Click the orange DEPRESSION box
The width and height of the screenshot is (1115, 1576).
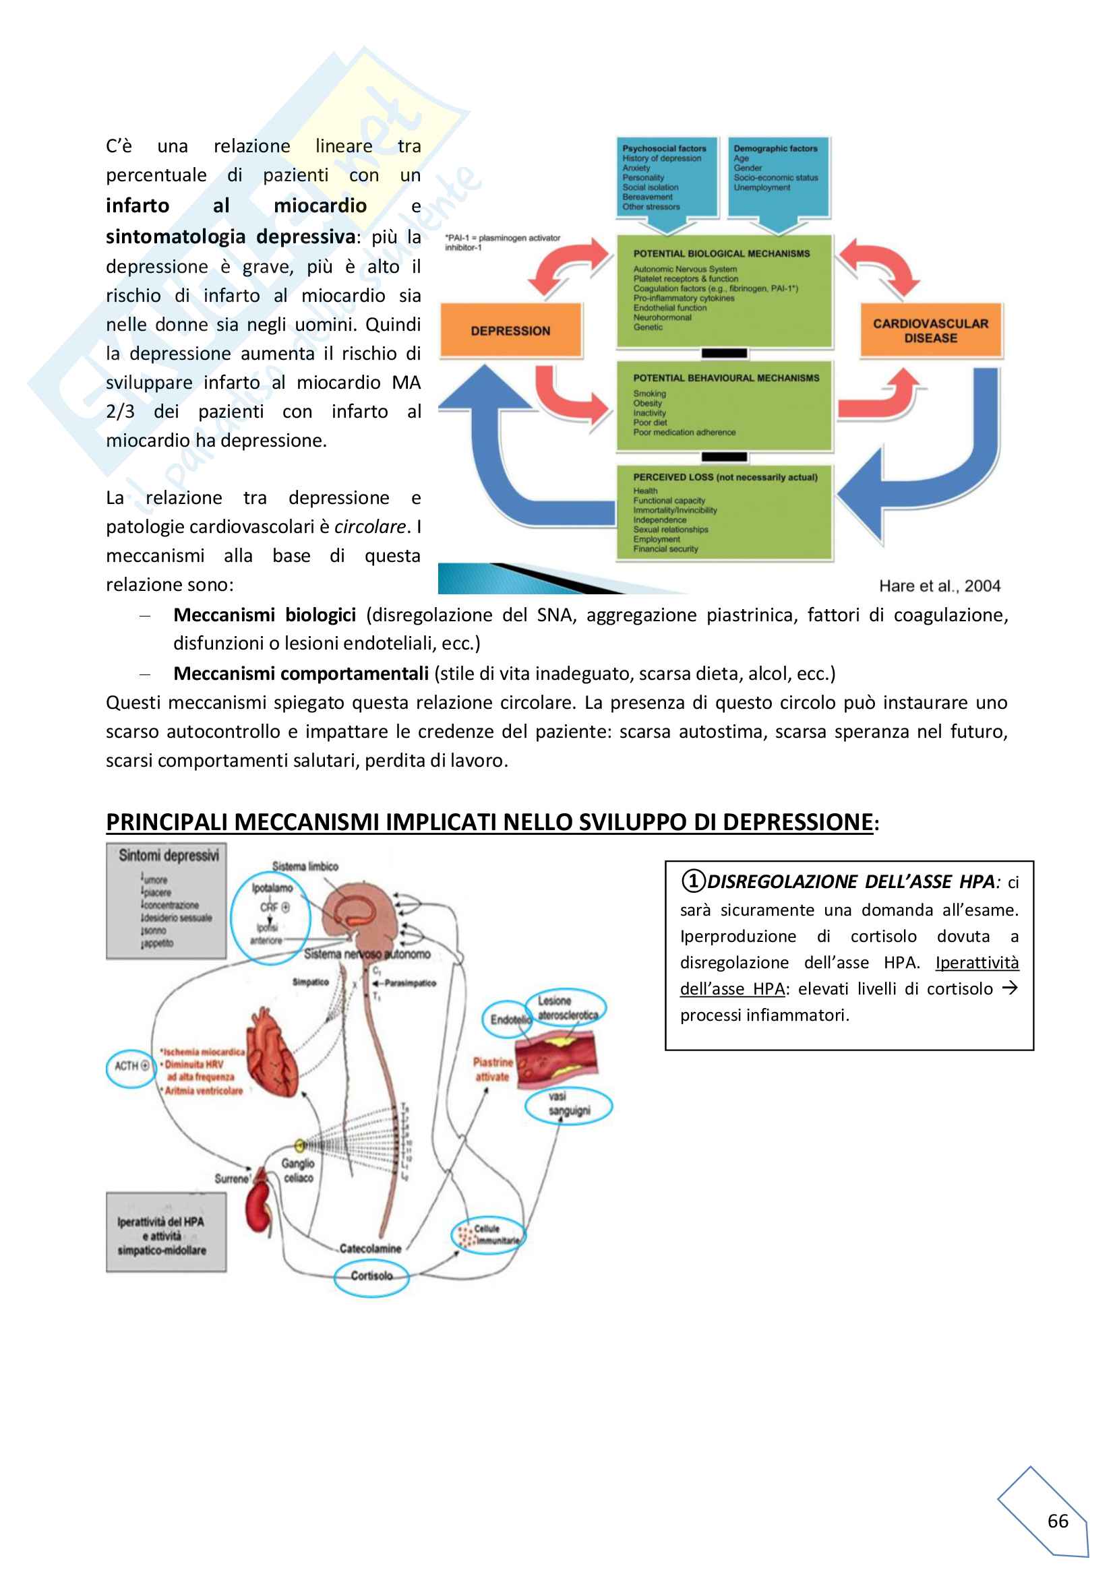pos(510,331)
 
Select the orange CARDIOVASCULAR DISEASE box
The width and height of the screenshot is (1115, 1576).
pos(930,331)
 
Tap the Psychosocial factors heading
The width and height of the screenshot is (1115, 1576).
pos(664,148)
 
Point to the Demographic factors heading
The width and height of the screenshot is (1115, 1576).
pos(775,148)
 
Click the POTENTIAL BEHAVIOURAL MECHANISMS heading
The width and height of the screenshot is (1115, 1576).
pos(726,378)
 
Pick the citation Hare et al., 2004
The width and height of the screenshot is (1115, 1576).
pos(939,586)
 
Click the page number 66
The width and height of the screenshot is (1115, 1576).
pos(1057,1521)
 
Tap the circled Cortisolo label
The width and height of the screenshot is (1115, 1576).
pos(371,1275)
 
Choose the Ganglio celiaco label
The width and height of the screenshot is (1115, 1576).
pos(297,1170)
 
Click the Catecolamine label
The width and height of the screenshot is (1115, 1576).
pos(370,1249)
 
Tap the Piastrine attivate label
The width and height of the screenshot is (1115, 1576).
pos(492,1069)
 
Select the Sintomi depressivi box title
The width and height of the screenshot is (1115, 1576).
pos(169,855)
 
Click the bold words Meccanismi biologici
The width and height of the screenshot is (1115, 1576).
pos(264,615)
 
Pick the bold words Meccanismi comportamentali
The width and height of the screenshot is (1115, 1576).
pos(301,673)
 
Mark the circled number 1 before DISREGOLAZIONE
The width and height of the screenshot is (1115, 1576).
pos(693,881)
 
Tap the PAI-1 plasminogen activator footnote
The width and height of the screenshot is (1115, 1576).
pos(503,243)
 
